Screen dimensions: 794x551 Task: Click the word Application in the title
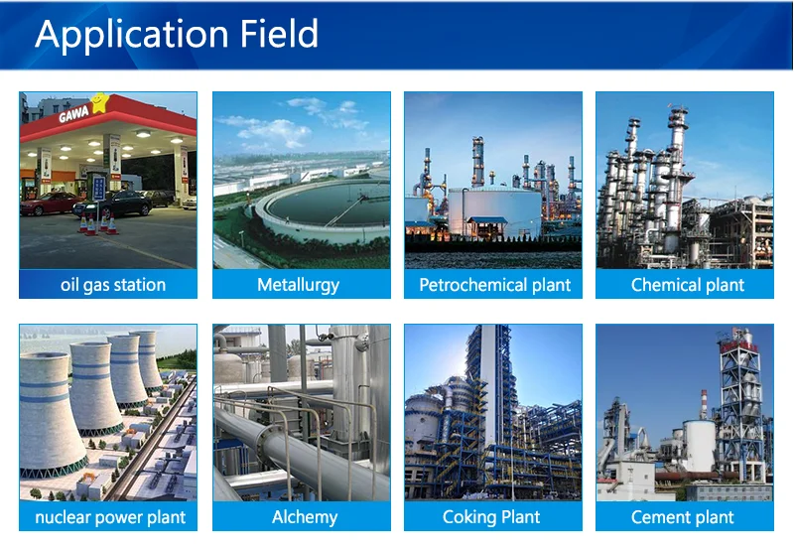pyautogui.click(x=132, y=35)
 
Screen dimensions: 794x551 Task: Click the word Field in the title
pyautogui.click(x=279, y=34)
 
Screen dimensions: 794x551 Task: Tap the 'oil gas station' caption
pyautogui.click(x=113, y=285)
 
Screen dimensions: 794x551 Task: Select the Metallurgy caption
pyautogui.click(x=299, y=285)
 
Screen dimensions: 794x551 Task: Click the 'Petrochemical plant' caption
pyautogui.click(x=494, y=285)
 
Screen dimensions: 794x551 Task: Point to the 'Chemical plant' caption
pyautogui.click(x=687, y=285)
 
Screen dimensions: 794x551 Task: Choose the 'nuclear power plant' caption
pyautogui.click(x=110, y=517)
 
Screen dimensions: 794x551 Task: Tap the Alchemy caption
pyautogui.click(x=305, y=517)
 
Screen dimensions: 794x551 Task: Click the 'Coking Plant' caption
pyautogui.click(x=491, y=517)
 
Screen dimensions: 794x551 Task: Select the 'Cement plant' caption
pyautogui.click(x=682, y=517)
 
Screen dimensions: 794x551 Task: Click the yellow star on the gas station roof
pyautogui.click(x=99, y=102)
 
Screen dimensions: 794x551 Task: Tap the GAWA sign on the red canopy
pyautogui.click(x=73, y=114)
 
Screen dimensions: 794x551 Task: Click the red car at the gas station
pyautogui.click(x=48, y=204)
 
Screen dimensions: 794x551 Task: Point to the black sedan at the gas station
pyautogui.click(x=113, y=204)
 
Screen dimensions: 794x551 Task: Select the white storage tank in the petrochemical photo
pyautogui.click(x=494, y=211)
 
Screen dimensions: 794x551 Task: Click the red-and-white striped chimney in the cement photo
pyautogui.click(x=704, y=404)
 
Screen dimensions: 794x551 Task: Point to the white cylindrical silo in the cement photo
pyautogui.click(x=699, y=446)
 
